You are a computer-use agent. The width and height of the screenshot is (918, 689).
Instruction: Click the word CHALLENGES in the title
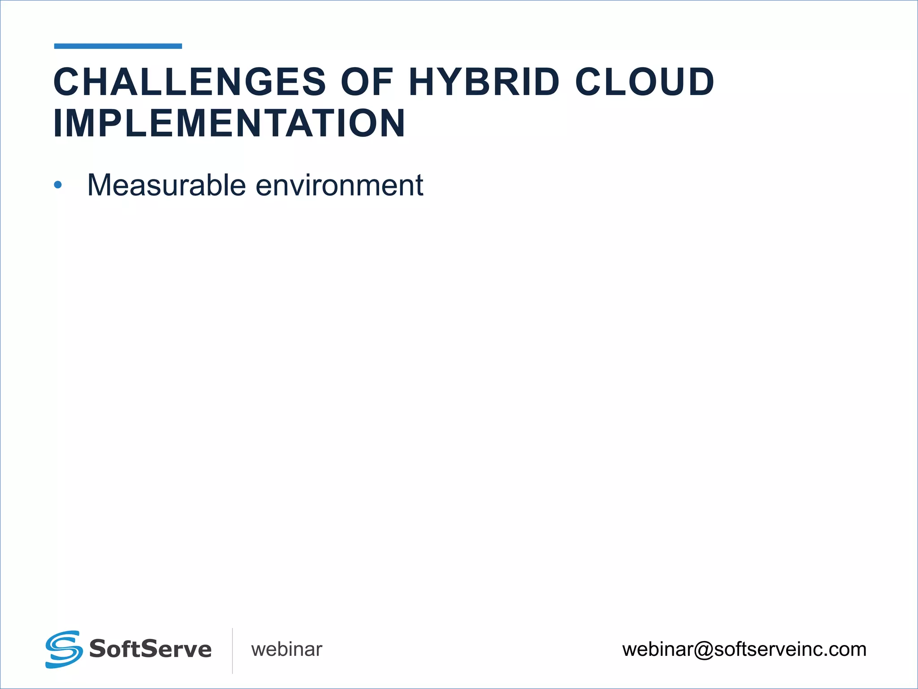pos(190,82)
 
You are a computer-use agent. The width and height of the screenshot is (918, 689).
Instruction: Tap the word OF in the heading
pos(367,82)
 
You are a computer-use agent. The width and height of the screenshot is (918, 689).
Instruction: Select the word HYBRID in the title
pos(484,82)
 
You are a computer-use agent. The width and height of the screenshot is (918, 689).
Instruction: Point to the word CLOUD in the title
pos(645,82)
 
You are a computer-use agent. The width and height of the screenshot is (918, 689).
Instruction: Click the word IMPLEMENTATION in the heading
pos(229,123)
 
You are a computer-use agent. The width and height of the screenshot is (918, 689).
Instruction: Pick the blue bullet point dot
pos(57,184)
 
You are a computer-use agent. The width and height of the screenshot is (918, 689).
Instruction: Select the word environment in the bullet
pos(339,185)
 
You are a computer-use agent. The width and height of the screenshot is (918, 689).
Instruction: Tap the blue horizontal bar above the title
pos(118,46)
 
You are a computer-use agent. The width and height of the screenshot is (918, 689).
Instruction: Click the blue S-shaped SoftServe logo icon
pos(64,649)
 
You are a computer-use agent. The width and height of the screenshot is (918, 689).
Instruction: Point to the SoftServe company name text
pos(150,649)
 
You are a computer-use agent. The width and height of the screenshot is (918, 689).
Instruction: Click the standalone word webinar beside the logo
pos(286,650)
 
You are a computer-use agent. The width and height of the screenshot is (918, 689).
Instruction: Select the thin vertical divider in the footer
pos(232,650)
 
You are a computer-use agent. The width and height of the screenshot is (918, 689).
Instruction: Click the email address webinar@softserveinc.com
pos(744,650)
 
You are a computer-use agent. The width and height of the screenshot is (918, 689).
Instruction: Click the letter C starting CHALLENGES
pos(67,82)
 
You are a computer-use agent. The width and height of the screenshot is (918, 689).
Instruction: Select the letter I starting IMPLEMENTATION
pos(57,123)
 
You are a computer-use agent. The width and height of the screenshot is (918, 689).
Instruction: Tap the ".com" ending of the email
pos(845,650)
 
